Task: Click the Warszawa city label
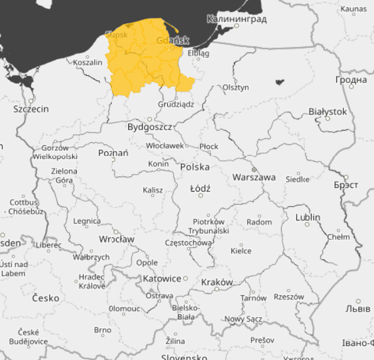pos(254,177)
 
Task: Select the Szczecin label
pos(31,109)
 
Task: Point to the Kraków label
pos(217,282)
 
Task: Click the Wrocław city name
pos(116,239)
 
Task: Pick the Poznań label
pos(113,153)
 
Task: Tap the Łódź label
pos(200,188)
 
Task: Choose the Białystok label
pos(327,111)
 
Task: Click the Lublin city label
pos(307,217)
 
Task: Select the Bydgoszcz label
pos(150,127)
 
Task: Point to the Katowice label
pos(162,278)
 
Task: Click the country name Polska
pos(195,167)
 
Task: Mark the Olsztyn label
pos(236,87)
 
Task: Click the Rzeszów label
pos(289,297)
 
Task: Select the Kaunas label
pos(353,9)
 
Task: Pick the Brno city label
pos(102,330)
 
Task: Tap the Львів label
pos(358,309)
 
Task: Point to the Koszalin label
pos(87,62)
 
